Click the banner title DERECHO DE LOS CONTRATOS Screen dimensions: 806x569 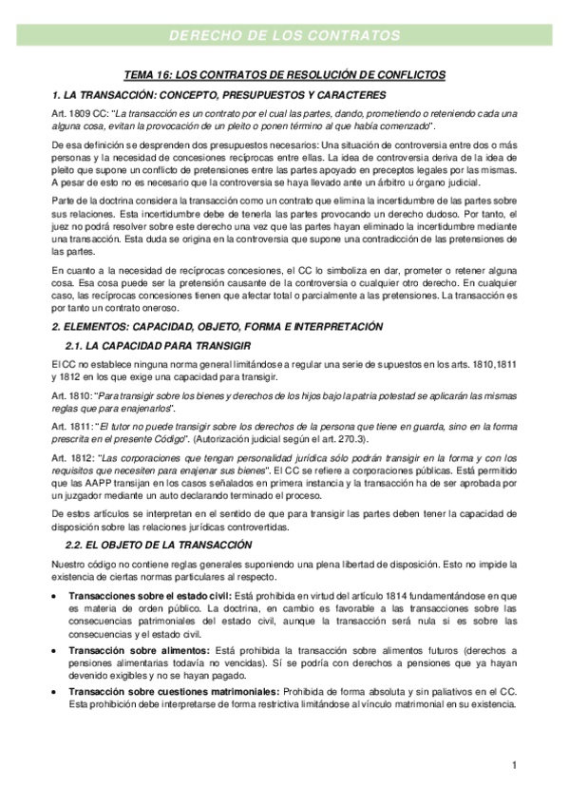[284, 35]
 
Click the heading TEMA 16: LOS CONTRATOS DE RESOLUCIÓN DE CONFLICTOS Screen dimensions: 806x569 [285, 74]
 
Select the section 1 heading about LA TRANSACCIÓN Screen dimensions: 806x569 [218, 95]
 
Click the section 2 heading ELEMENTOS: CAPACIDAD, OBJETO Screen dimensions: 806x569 [218, 326]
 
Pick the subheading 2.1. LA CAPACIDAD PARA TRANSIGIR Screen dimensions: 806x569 [156, 344]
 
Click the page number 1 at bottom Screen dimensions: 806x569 [514, 764]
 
